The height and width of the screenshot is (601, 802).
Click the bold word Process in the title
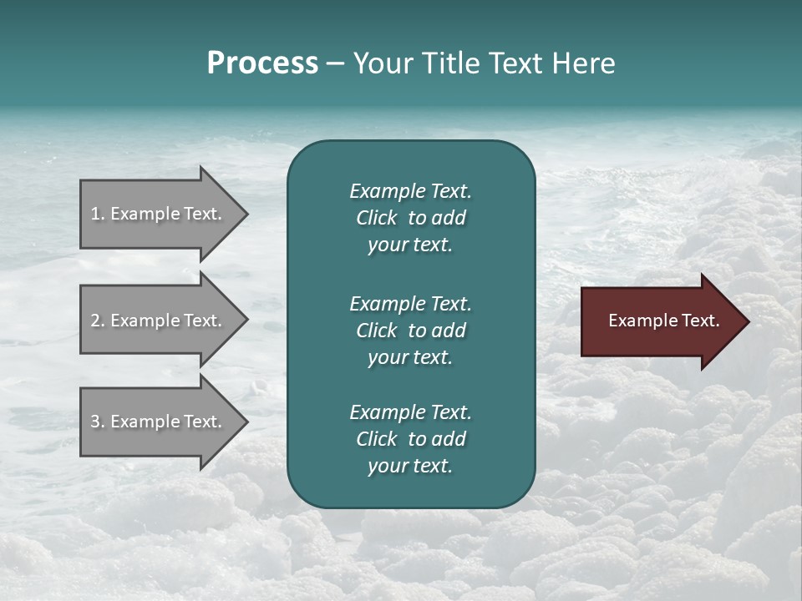tap(262, 63)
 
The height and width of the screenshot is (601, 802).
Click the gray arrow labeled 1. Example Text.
tap(159, 214)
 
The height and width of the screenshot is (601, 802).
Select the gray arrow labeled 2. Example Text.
tap(159, 321)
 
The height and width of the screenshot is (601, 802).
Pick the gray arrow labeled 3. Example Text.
tap(159, 422)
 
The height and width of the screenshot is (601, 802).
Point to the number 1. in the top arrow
tap(98, 214)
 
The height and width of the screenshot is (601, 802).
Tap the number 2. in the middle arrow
tap(98, 321)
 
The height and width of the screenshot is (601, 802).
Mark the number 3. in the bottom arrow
tap(98, 422)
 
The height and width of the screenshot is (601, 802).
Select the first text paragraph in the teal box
tap(410, 218)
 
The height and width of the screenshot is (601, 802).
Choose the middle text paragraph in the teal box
tap(410, 330)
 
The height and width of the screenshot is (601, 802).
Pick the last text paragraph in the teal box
tap(410, 439)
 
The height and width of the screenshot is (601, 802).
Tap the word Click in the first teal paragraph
tap(376, 218)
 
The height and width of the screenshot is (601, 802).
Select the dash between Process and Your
tap(335, 63)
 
